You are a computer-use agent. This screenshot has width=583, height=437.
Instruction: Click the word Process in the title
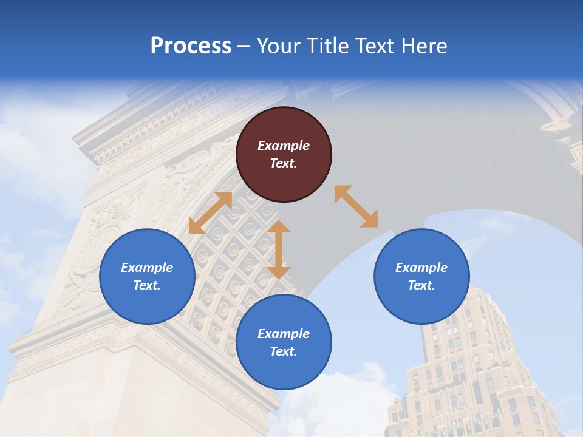pyautogui.click(x=191, y=46)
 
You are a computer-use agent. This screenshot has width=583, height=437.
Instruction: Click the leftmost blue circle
pyautogui.click(x=147, y=276)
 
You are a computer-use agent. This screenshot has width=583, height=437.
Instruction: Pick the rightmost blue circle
pyautogui.click(x=421, y=276)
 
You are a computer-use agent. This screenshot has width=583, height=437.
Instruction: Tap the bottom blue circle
pyautogui.click(x=284, y=342)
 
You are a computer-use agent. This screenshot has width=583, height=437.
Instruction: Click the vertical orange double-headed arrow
pyautogui.click(x=279, y=249)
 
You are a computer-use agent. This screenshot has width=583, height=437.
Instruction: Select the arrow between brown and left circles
pyautogui.click(x=210, y=213)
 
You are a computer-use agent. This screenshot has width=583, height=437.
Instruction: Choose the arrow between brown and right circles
pyautogui.click(x=356, y=206)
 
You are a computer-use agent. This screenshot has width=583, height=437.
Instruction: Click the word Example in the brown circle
pyautogui.click(x=284, y=146)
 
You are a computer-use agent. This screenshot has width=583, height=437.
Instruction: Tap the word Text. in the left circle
pyautogui.click(x=147, y=285)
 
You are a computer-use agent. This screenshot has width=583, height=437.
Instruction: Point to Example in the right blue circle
pyautogui.click(x=421, y=268)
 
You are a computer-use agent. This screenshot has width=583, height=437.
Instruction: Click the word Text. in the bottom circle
pyautogui.click(x=284, y=351)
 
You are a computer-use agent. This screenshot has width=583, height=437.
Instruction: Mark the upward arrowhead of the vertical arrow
pyautogui.click(x=279, y=227)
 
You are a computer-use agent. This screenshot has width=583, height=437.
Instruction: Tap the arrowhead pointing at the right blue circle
pyautogui.click(x=370, y=220)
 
